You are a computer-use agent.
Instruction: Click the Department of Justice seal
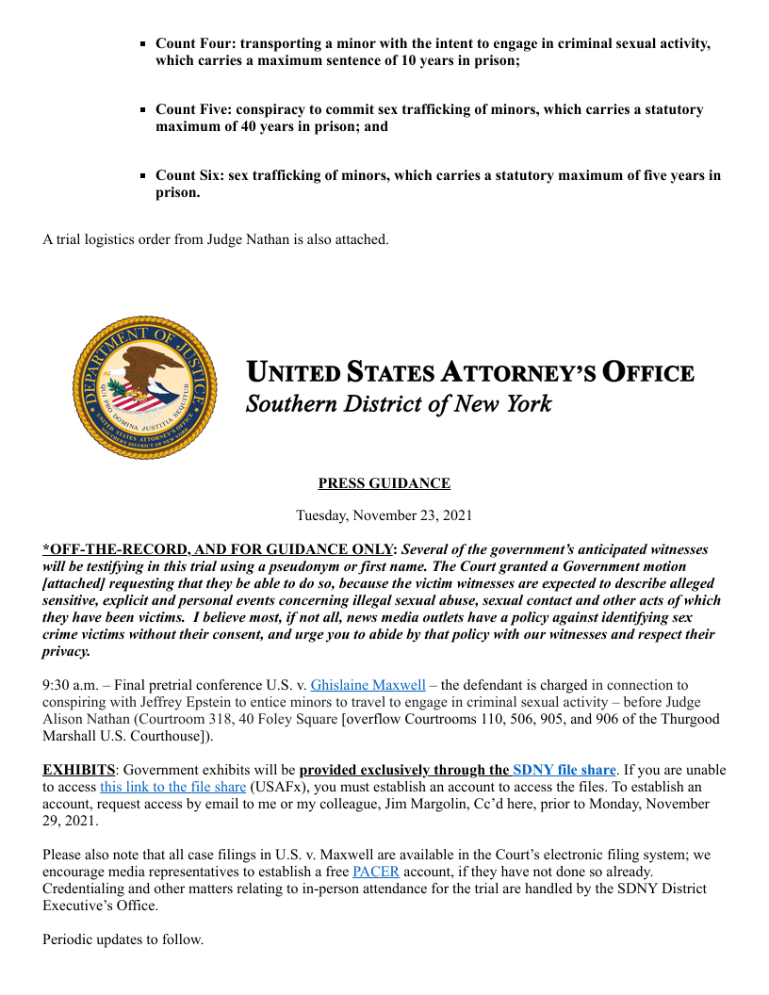pos(143,388)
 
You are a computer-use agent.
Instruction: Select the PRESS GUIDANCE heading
pos(384,483)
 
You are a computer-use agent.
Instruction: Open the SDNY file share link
pos(564,770)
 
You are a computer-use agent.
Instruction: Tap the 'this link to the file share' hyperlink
pos(173,787)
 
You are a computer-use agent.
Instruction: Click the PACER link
pos(376,872)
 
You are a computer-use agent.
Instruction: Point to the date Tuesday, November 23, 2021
pos(384,515)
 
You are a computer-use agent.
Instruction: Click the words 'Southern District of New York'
pos(398,404)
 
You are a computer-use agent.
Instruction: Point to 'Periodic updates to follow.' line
pos(123,939)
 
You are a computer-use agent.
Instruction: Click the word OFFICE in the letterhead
pos(648,373)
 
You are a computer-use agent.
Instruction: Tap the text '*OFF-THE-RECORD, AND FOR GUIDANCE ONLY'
pos(220,549)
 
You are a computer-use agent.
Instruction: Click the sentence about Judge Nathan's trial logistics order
pos(215,239)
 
